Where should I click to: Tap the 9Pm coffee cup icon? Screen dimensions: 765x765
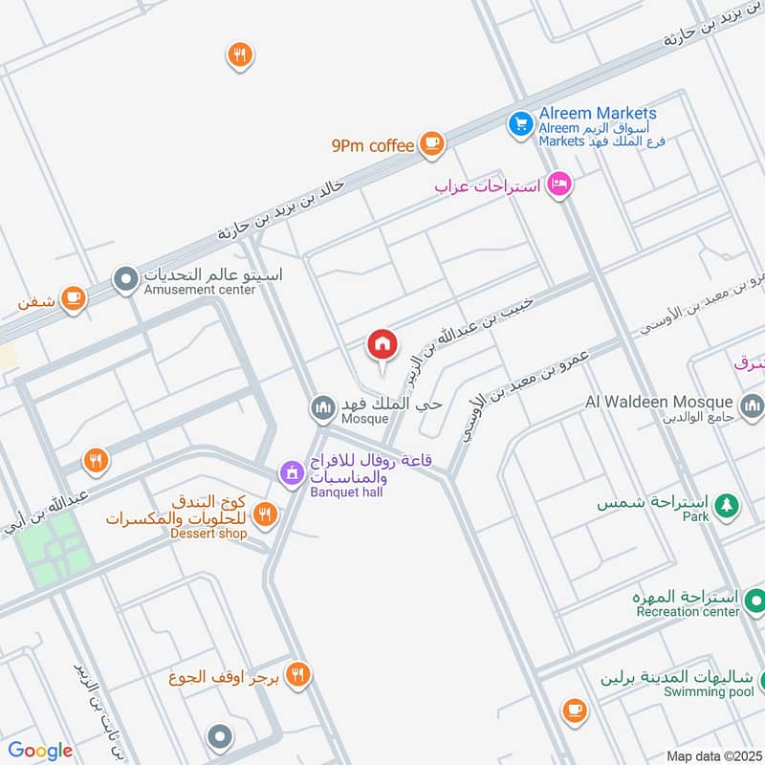(x=432, y=143)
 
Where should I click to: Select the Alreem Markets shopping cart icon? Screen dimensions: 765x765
(x=520, y=124)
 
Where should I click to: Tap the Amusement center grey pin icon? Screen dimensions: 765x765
(x=125, y=280)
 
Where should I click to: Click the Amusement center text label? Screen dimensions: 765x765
(x=200, y=290)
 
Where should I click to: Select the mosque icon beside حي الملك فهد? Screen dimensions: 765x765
(x=322, y=409)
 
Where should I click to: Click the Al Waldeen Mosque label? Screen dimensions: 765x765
(x=660, y=402)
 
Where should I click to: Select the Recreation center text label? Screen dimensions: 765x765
(x=688, y=612)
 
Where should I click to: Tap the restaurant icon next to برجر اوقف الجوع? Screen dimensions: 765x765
(x=298, y=675)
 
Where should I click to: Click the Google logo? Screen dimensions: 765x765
(x=40, y=751)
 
